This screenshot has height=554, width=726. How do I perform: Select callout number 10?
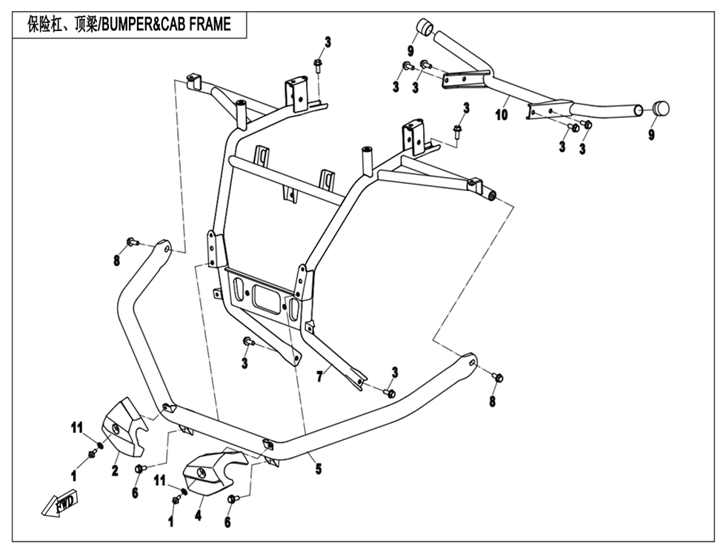click(502, 115)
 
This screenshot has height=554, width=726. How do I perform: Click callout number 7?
click(319, 377)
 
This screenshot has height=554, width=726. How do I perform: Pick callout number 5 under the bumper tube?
click(319, 469)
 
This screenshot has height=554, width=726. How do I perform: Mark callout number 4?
click(198, 514)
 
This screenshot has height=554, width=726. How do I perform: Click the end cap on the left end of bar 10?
click(424, 28)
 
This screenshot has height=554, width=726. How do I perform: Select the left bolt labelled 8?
click(133, 241)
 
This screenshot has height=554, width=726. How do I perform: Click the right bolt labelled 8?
click(498, 377)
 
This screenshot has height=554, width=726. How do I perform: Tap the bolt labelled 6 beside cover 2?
click(140, 469)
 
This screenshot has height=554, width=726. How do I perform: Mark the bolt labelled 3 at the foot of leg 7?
click(390, 393)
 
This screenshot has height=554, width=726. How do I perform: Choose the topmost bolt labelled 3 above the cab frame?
click(318, 64)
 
